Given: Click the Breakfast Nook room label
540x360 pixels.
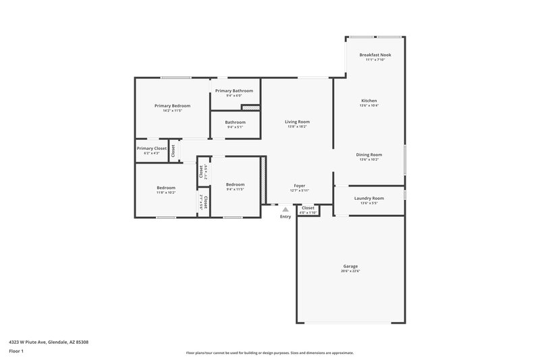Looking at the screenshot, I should coord(375,55).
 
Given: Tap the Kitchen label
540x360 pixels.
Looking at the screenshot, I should coord(369,101).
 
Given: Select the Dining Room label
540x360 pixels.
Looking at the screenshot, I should coord(369,155).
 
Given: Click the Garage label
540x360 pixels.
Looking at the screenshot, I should coord(350,266).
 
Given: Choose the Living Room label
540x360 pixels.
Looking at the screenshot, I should coord(297,122).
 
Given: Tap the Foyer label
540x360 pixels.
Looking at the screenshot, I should coord(300,185).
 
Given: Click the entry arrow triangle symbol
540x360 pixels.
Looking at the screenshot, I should coord(286,209).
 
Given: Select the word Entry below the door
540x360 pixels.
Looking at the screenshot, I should coord(286,216).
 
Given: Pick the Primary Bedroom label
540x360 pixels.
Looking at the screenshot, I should coord(172,105).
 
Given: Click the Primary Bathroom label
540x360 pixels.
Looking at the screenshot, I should coord(234,91).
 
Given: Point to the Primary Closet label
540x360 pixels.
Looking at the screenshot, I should coord(151,148).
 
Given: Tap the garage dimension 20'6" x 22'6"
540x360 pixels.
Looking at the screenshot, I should coord(350,272).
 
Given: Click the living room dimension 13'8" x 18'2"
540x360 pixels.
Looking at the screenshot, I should coord(297,127).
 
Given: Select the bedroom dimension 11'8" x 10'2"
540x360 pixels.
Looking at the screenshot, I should coord(166,192).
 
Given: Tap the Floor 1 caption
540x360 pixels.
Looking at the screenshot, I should coord(17,352).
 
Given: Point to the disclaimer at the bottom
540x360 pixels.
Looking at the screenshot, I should coord(269,353).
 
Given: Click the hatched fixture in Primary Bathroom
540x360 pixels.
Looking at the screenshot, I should coord(250,107).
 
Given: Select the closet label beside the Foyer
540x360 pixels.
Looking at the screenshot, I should coord(308,207).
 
